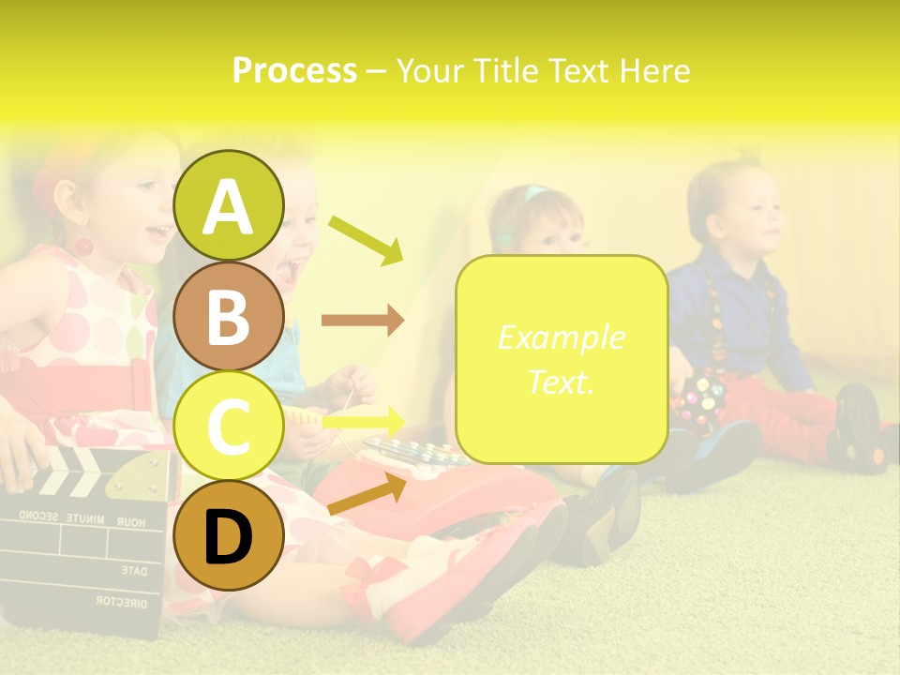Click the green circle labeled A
pos(229,205)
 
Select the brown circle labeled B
pos(229,316)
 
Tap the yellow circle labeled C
pos(229,427)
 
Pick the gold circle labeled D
pos(229,535)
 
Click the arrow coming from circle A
pos(366,238)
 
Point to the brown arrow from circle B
pos(363,321)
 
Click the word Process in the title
pos(294,70)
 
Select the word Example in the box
pos(561,337)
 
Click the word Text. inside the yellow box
pos(561,382)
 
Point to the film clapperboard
pos(84,534)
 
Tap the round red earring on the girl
pos(83,247)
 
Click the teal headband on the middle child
pos(535,194)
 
